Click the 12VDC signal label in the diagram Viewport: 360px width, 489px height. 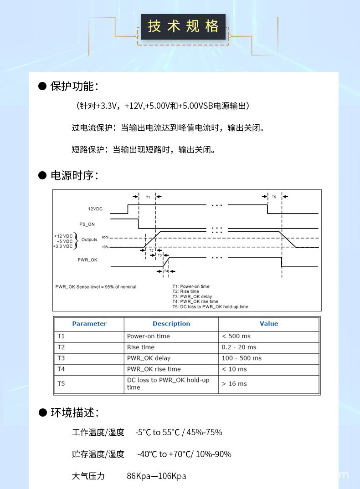(95, 209)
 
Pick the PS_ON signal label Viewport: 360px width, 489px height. (87, 224)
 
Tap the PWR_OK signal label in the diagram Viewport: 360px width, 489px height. (87, 260)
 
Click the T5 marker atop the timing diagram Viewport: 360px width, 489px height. (273, 197)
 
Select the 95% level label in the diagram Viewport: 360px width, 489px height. (105, 238)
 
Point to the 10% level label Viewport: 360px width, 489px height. (105, 247)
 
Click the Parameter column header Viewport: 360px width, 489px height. (89, 324)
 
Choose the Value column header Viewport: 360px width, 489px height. (269, 324)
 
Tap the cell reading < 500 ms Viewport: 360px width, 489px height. (236, 336)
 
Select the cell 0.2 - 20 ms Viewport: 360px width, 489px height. (239, 347)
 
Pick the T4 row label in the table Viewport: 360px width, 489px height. (62, 369)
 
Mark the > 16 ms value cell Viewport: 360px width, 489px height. (234, 384)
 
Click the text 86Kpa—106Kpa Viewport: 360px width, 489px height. (156, 476)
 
